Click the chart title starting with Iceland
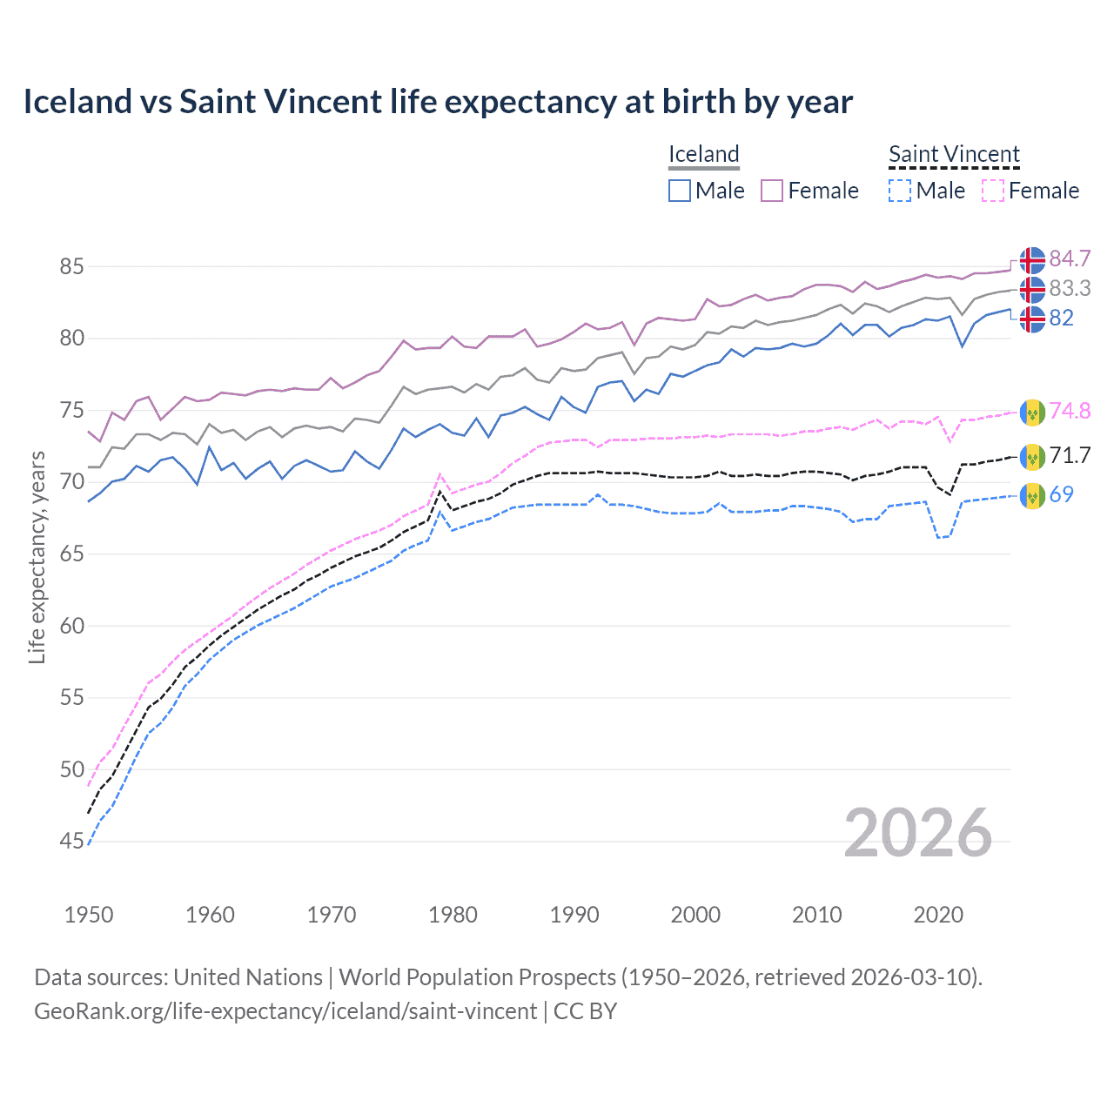point(438,102)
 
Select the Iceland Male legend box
point(680,191)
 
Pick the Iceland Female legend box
point(772,191)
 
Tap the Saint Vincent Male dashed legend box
point(900,191)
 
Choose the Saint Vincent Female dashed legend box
point(993,191)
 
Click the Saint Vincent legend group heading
point(954,154)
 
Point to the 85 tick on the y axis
point(71,266)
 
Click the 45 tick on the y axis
point(71,842)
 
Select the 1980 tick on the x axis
point(453,915)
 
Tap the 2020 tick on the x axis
point(938,915)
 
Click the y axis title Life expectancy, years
point(37,557)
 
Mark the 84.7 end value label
point(1070,258)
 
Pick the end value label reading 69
point(1061,494)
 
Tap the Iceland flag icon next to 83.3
point(1032,289)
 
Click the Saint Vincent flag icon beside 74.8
point(1032,412)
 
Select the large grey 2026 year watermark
point(917,833)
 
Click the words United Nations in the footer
point(248,977)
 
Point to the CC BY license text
point(585,1011)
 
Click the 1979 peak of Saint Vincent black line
point(440,492)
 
